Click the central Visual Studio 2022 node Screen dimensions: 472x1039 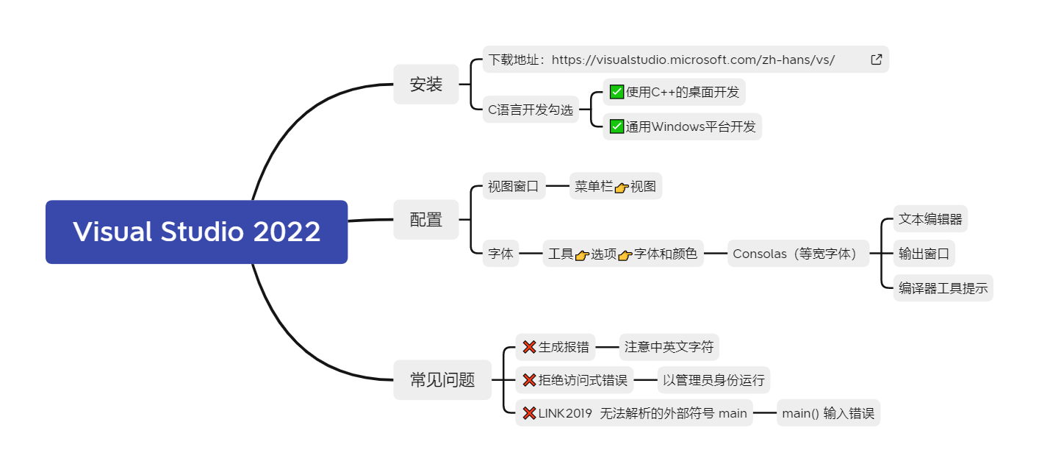pos(196,232)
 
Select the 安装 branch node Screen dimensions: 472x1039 pos(426,85)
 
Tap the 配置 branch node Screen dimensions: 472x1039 pos(426,219)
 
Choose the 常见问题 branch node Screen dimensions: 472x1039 pos(442,380)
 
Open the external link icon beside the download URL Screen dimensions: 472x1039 pos(876,60)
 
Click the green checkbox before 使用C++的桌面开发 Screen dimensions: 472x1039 pos(616,93)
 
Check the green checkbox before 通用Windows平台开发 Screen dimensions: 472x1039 pos(616,126)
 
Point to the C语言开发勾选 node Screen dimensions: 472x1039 pos(531,110)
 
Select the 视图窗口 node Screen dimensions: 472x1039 pos(514,187)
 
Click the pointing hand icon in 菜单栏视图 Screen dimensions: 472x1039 pos(622,187)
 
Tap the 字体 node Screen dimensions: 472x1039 pos(500,254)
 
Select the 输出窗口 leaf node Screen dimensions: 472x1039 pos(924,254)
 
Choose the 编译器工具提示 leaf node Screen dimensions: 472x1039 pos(943,288)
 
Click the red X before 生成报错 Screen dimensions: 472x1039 pos(529,347)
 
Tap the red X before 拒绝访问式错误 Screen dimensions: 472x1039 pos(529,380)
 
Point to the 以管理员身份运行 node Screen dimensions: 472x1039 pos(713,380)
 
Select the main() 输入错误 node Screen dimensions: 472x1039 pos(828,413)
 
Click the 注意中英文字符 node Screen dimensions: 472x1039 pos(669,346)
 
